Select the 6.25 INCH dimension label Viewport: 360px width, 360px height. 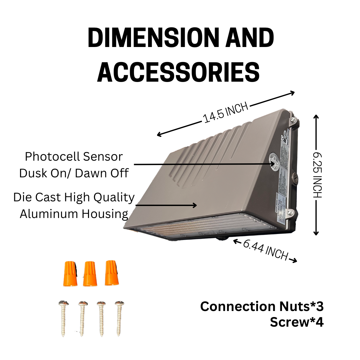[x=318, y=175]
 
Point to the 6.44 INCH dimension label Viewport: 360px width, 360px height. [x=265, y=250]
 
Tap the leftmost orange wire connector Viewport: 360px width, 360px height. [x=69, y=274]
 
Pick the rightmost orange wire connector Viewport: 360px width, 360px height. [x=112, y=273]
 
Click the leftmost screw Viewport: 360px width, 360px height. [x=62, y=318]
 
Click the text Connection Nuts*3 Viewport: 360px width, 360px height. [x=262, y=306]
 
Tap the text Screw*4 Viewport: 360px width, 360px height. [x=296, y=322]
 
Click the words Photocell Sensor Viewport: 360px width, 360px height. [x=74, y=156]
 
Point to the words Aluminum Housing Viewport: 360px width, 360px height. [x=74, y=214]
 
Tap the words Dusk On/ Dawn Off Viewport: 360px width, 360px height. [x=74, y=173]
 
